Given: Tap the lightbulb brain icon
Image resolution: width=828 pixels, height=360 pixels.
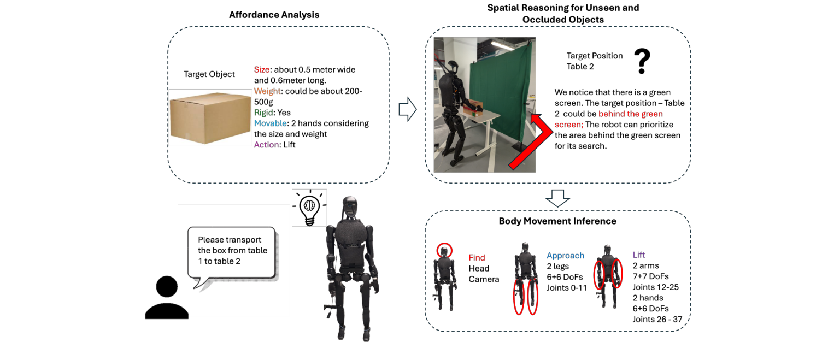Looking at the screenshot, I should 309,208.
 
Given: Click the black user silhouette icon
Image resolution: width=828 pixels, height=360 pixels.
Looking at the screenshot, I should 167,298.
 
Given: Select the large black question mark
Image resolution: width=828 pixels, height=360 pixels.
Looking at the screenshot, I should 642,62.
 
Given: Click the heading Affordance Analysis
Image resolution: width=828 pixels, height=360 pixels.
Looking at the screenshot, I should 274,15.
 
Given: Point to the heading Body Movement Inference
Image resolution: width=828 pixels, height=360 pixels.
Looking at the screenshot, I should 557,221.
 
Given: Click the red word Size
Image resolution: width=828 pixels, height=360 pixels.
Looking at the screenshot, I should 262,70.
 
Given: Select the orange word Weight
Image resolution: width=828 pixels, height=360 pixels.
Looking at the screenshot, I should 267,91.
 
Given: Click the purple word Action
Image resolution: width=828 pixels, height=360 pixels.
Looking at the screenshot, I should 267,145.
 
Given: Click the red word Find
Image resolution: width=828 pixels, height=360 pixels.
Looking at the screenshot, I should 477,258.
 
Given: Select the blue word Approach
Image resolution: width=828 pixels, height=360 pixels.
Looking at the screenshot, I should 565,256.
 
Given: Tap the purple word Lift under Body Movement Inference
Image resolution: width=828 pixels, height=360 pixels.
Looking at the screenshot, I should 639,255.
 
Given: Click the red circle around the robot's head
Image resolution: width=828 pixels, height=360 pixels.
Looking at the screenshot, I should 445,251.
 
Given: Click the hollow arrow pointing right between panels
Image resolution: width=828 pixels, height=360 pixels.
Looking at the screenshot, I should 407,109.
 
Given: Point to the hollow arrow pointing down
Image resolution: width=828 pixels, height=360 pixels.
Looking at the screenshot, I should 557,198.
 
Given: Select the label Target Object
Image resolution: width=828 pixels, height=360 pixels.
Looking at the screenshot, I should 209,74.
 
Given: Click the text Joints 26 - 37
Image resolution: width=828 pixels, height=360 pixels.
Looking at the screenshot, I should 657,319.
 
